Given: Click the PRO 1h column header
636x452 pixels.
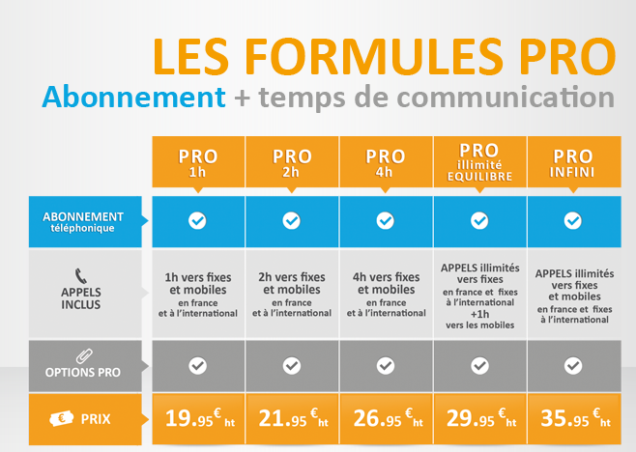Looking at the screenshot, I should click(197, 161).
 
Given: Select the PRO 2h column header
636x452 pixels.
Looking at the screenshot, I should click(292, 161).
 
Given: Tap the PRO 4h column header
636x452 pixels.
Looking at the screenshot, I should click(386, 161).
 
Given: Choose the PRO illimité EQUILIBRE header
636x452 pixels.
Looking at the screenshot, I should click(479, 161).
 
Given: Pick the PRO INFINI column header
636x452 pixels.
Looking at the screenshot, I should click(573, 161).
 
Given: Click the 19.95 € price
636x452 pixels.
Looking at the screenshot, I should click(197, 418).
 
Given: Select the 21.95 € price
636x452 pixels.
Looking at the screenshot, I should click(292, 418).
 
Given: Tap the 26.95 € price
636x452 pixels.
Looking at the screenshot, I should click(386, 418).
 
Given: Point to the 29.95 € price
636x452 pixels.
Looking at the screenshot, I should click(479, 418).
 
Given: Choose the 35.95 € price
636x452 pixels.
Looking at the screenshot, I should click(573, 418).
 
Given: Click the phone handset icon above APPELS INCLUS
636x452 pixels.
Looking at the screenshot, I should click(82, 273).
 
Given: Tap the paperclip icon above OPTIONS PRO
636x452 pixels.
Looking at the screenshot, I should click(82, 353).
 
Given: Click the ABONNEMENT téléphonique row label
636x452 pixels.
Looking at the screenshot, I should click(82, 222).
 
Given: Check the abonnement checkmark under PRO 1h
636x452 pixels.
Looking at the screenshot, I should click(197, 221).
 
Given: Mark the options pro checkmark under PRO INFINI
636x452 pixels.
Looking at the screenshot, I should click(573, 366).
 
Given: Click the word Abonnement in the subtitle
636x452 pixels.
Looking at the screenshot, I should click(128, 98).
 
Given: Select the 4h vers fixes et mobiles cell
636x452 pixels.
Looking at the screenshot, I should click(386, 294).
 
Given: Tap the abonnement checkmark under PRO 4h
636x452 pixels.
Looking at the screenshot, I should click(386, 221).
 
